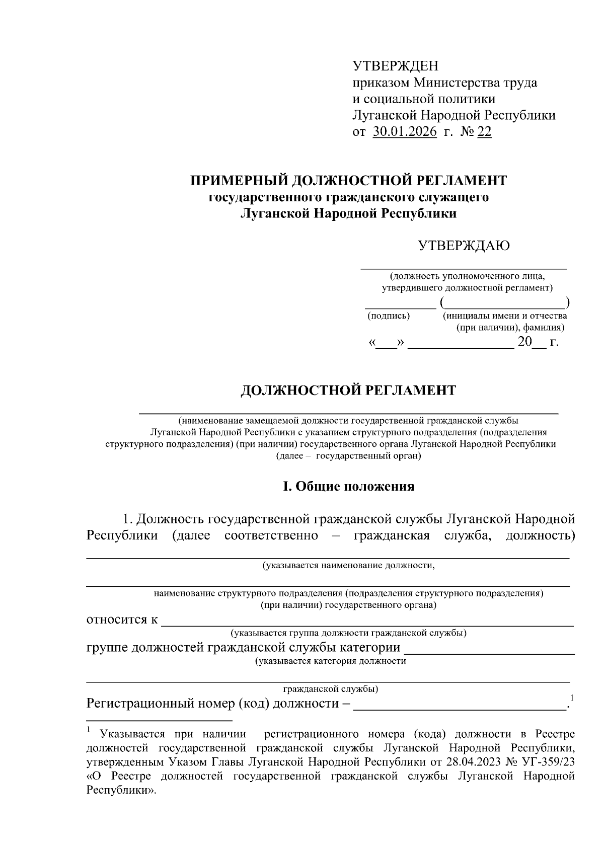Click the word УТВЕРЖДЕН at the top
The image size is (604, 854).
(x=395, y=66)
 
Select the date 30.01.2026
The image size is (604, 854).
(x=405, y=132)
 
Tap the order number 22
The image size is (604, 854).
(x=484, y=132)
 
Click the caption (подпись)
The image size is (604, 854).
(x=389, y=316)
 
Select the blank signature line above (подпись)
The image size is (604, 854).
(x=400, y=306)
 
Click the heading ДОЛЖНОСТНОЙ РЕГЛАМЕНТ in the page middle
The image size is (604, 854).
(x=348, y=391)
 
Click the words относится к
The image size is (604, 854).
(x=122, y=619)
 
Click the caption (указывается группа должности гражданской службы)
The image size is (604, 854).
(x=348, y=633)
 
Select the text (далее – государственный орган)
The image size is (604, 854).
(x=348, y=456)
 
